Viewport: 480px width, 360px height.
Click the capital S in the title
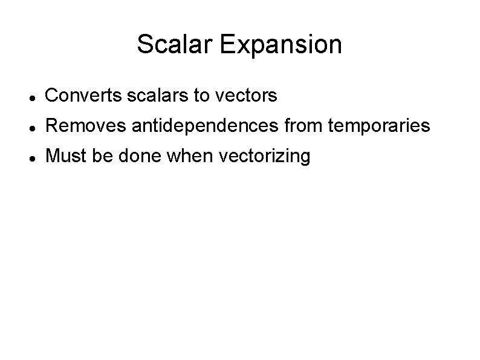(x=144, y=44)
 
